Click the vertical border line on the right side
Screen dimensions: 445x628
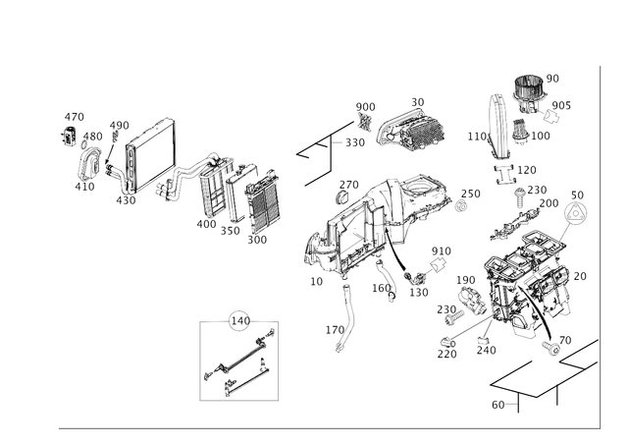[x=597, y=246]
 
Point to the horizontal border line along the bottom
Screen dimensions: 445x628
[x=324, y=428]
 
